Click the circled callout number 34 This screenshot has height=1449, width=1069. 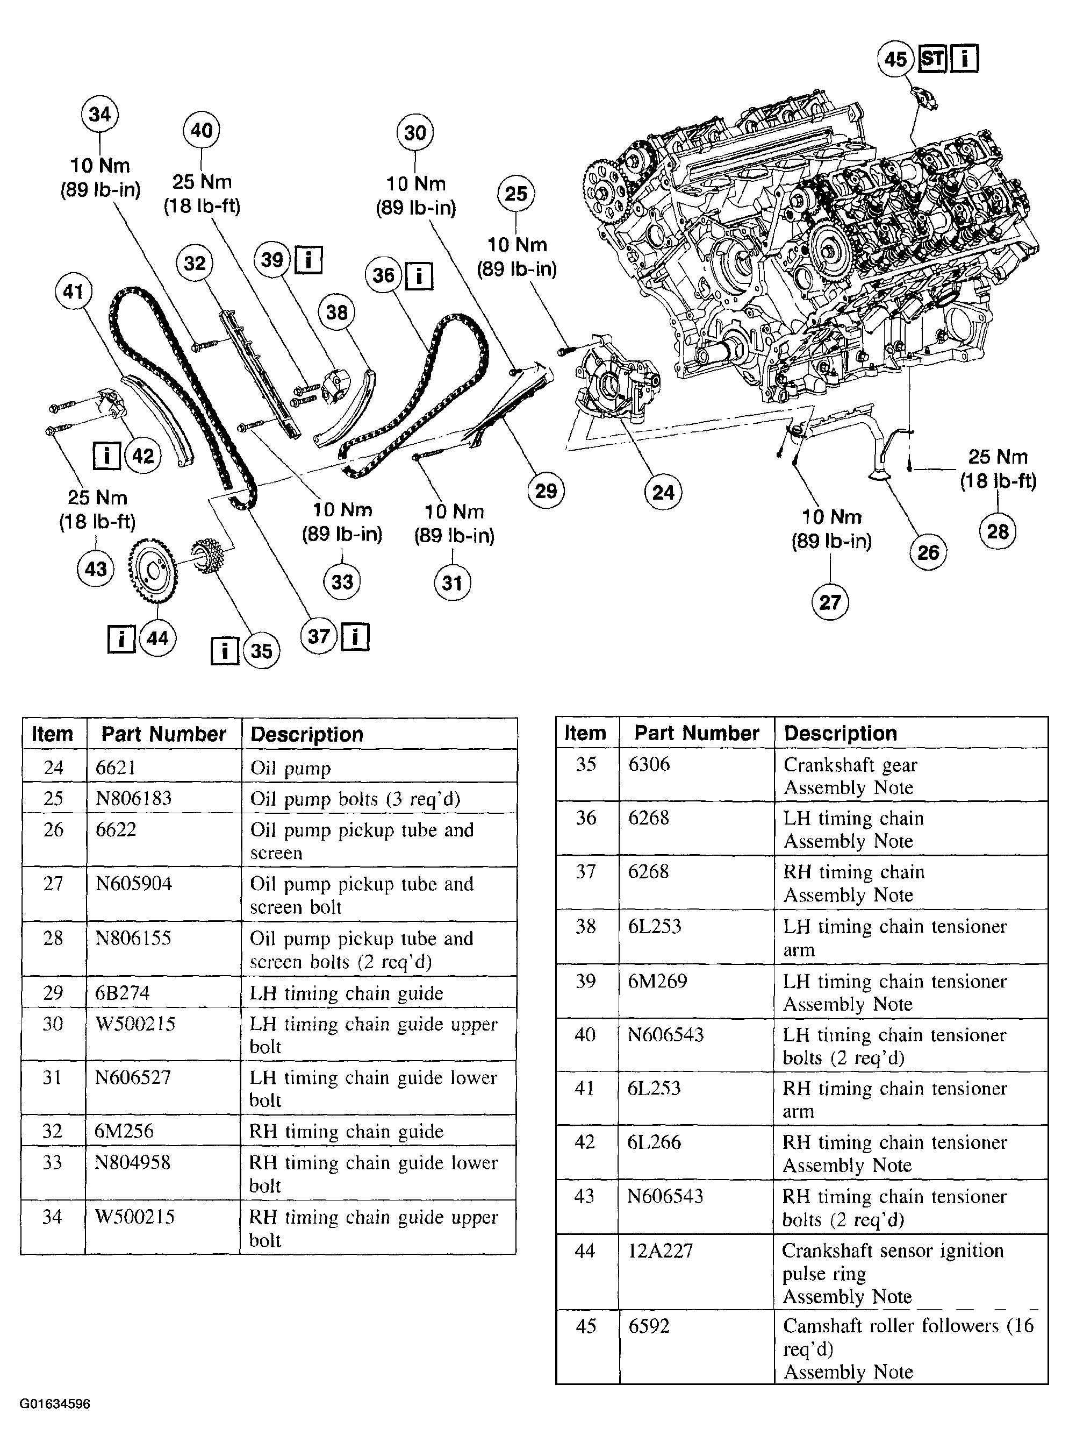pos(99,114)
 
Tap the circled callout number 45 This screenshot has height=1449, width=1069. pos(895,59)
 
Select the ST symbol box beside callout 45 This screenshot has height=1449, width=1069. pos(932,59)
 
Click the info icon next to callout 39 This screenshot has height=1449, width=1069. pos(308,260)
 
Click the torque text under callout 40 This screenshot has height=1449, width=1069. pos(202,194)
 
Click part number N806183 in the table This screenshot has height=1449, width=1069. pos(133,798)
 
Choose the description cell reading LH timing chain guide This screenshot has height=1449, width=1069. pos(347,993)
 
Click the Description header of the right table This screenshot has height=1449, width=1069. pos(840,733)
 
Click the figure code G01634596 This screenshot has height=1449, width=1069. pos(54,1404)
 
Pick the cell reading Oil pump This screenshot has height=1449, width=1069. pos(291,768)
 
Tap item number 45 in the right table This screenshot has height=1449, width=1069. pos(586,1326)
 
